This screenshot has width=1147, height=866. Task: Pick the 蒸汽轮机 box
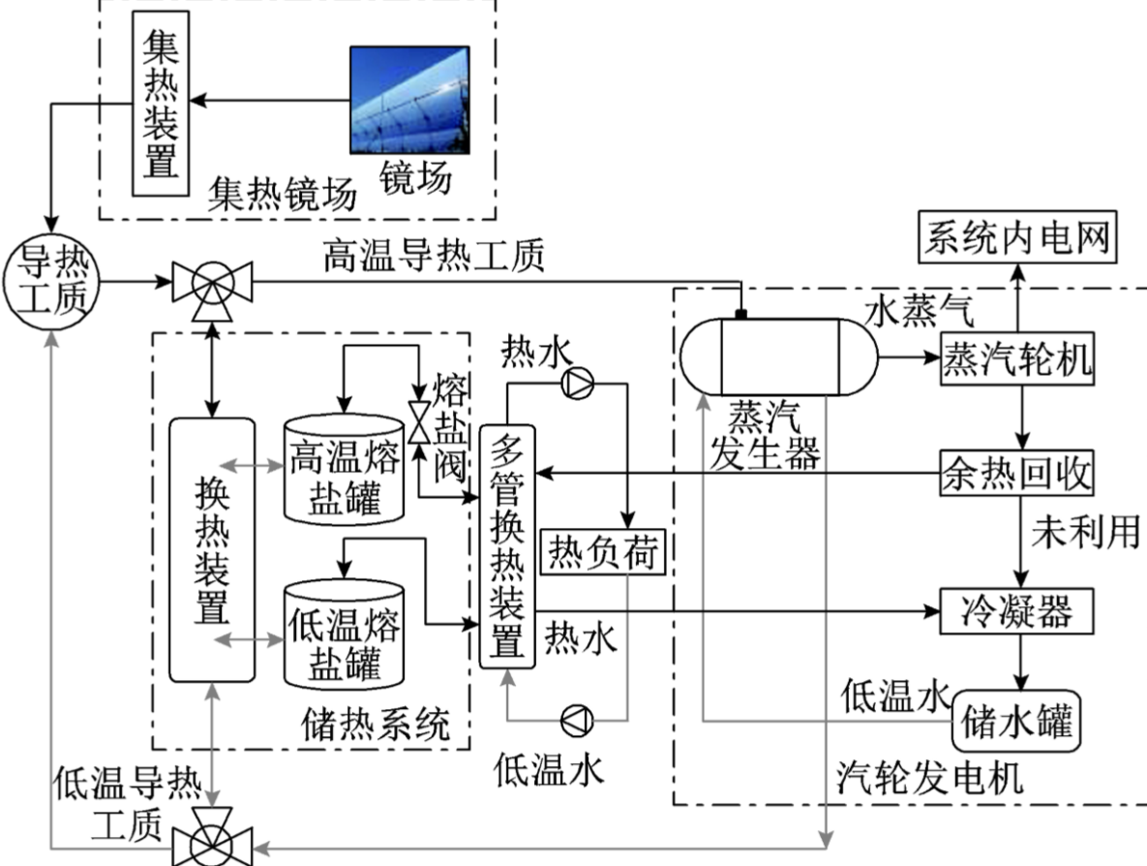point(1017,359)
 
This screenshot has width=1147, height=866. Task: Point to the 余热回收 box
point(1017,475)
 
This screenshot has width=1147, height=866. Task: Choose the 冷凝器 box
point(1017,611)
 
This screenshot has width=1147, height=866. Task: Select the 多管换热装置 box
point(507,545)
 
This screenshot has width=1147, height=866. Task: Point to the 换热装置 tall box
point(212,549)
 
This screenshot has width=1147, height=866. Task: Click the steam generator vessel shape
point(778,356)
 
